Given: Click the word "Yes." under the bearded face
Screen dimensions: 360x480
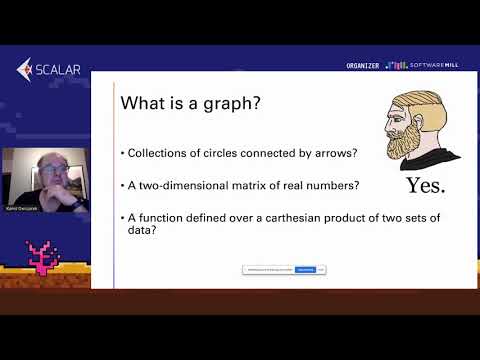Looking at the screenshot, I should [425, 186].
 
